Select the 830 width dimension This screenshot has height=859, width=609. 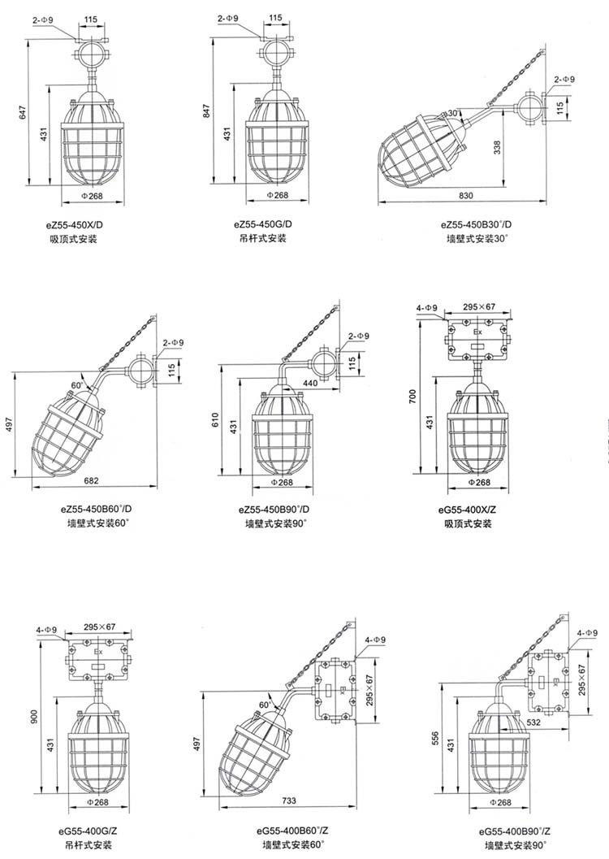click(465, 195)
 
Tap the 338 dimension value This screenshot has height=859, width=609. click(498, 148)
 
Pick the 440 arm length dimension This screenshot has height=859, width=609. click(309, 384)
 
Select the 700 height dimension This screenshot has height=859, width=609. click(412, 397)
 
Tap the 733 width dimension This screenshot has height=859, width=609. click(289, 800)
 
